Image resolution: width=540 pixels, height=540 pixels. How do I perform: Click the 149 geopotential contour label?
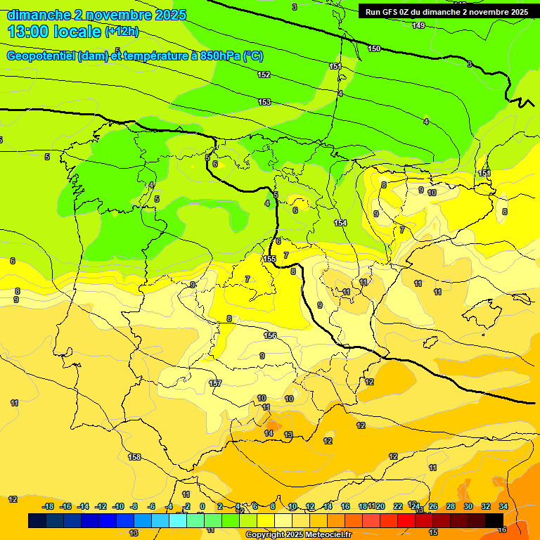point(418,25)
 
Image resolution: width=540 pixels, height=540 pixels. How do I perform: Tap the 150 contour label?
point(374,49)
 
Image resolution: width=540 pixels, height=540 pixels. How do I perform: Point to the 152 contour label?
point(264,75)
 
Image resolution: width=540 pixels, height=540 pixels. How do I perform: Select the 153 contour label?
point(264,102)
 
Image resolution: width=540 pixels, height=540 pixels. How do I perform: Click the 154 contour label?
point(340,223)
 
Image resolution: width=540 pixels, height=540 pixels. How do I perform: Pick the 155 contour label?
point(269,259)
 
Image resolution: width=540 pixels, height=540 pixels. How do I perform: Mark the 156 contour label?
point(270,335)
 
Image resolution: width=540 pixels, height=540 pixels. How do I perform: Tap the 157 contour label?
point(215,383)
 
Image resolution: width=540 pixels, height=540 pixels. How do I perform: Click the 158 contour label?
point(134,457)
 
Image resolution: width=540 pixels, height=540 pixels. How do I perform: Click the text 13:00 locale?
point(54,32)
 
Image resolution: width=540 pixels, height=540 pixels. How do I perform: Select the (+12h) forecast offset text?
point(122,32)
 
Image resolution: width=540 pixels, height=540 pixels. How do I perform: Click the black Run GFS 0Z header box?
point(446,11)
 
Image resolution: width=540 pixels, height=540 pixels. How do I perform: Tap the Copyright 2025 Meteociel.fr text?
point(298,535)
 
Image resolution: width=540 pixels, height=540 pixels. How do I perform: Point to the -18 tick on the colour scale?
point(48,506)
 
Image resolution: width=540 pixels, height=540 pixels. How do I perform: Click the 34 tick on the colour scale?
point(503,506)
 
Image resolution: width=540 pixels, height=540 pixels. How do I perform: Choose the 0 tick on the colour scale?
point(202,506)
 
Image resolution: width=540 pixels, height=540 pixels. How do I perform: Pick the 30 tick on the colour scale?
point(468,506)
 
